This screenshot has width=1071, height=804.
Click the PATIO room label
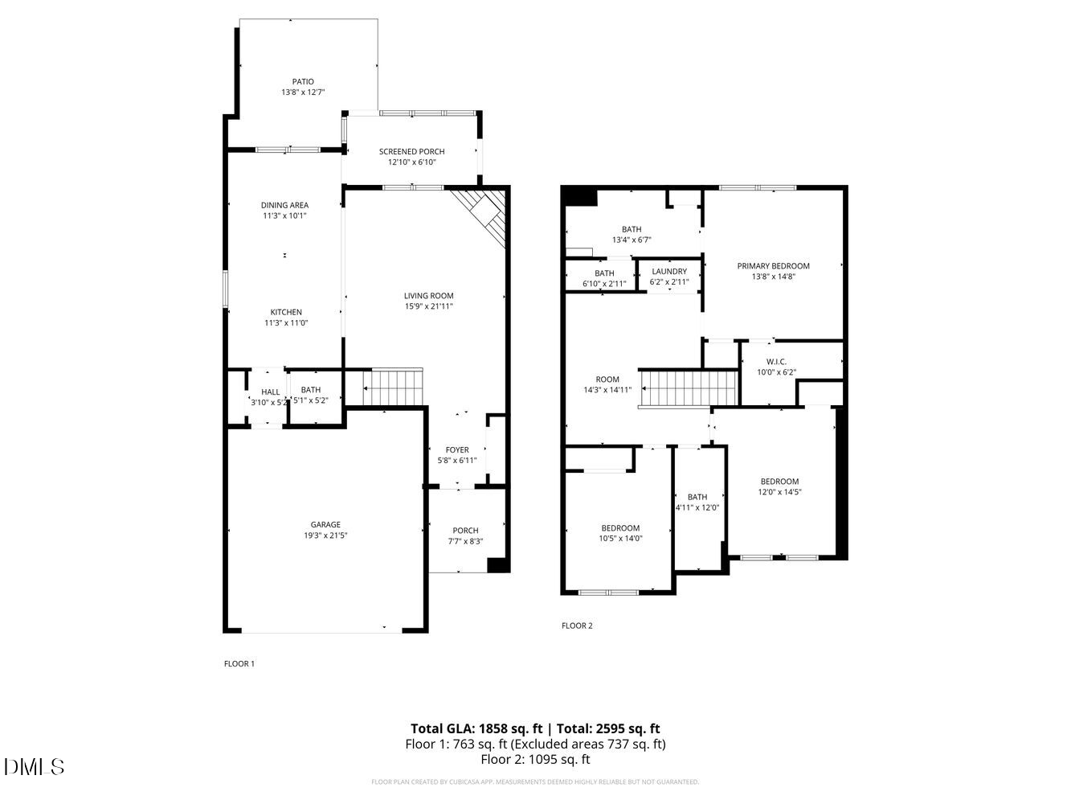pyautogui.click(x=303, y=81)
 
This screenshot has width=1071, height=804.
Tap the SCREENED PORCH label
pyautogui.click(x=411, y=151)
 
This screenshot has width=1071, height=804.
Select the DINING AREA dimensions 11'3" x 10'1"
pyautogui.click(x=284, y=215)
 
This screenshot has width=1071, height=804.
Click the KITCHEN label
pyautogui.click(x=286, y=312)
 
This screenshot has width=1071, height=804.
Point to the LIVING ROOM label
pyautogui.click(x=429, y=296)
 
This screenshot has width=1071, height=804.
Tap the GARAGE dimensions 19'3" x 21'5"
pyautogui.click(x=325, y=535)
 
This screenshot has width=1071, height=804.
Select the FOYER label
pyautogui.click(x=457, y=450)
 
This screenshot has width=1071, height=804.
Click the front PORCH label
pyautogui.click(x=465, y=530)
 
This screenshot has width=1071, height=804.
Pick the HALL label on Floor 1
pyautogui.click(x=270, y=392)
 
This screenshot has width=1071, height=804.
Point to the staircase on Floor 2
pyautogui.click(x=689, y=388)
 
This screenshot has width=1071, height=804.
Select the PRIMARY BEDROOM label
pyautogui.click(x=774, y=266)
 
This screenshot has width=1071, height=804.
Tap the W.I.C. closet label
pyautogui.click(x=776, y=362)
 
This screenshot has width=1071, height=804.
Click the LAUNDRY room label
pyautogui.click(x=669, y=272)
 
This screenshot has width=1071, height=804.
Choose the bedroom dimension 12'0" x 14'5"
pyautogui.click(x=779, y=492)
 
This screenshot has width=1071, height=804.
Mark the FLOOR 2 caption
pyautogui.click(x=577, y=626)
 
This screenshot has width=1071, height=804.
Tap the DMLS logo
pyautogui.click(x=34, y=766)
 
